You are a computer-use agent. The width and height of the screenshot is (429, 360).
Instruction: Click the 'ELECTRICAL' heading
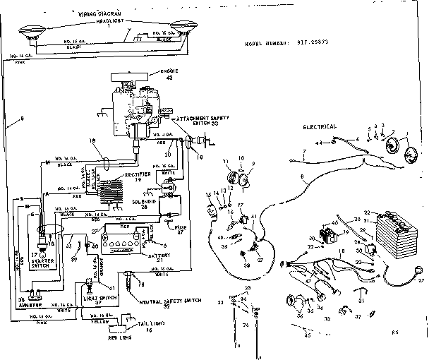(x=320, y=128)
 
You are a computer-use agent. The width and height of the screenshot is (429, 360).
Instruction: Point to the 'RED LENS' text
(x=101, y=338)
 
